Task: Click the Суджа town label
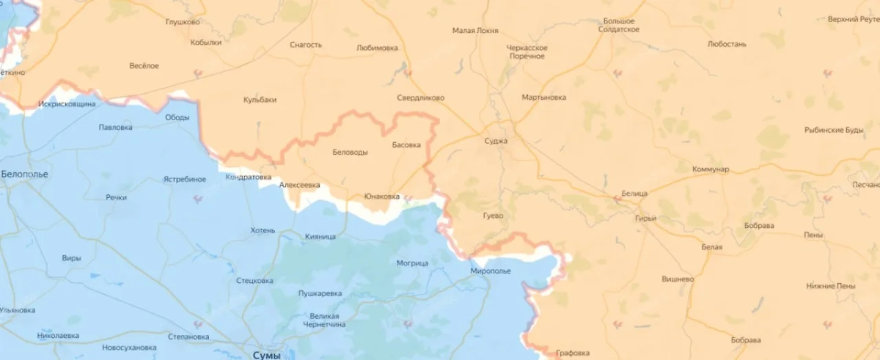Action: coord(496,141)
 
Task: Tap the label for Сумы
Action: coord(265,355)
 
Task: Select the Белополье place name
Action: coord(24,175)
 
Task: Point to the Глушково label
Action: coord(183,22)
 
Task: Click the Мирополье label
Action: coord(491,271)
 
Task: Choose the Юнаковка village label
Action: coord(382,196)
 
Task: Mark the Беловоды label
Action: coord(350,153)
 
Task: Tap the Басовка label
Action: coord(406,145)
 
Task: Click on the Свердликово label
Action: coord(420,98)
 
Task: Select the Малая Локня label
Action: coord(475,31)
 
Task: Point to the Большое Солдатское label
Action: coord(618,25)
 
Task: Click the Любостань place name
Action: coord(727,44)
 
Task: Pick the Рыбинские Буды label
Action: coord(834,131)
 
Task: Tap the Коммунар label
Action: coord(711,169)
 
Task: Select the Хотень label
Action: coord(263,230)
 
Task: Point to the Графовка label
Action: coord(573,353)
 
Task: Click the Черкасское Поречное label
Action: coord(527,51)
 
